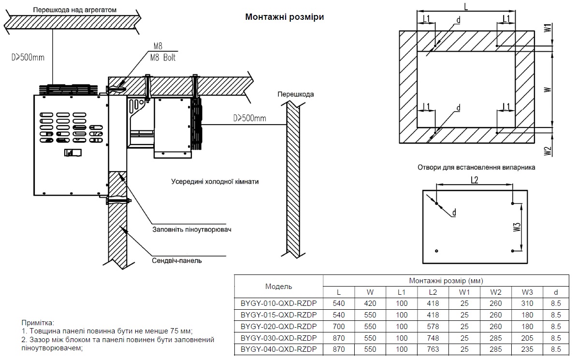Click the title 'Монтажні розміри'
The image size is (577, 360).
coord(284,17)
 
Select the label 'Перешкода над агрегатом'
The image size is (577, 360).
coord(75,10)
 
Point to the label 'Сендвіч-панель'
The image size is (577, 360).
coord(177,261)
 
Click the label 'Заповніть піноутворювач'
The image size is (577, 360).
coord(192,229)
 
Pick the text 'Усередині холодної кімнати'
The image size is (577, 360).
coord(215,182)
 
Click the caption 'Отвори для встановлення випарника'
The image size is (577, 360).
coord(476,167)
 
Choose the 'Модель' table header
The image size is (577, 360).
coord(278,287)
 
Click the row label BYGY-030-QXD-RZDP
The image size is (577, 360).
coord(278,338)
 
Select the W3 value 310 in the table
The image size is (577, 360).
coord(527,304)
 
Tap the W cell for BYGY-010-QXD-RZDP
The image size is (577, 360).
coord(370,304)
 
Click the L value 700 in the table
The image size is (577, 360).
coord(339,327)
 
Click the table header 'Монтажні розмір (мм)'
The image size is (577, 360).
coord(446,281)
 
